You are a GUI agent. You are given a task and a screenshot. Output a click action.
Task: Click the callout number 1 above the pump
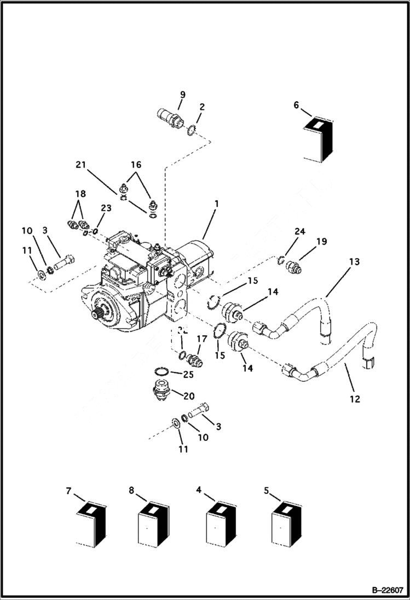click(x=216, y=203)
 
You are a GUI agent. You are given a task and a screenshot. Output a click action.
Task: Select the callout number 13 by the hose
click(x=354, y=262)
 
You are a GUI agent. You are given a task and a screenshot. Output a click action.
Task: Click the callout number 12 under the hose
click(x=354, y=399)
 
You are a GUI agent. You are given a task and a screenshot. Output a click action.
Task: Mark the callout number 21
click(x=81, y=165)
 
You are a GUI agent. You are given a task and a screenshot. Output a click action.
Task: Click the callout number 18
click(x=80, y=194)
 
